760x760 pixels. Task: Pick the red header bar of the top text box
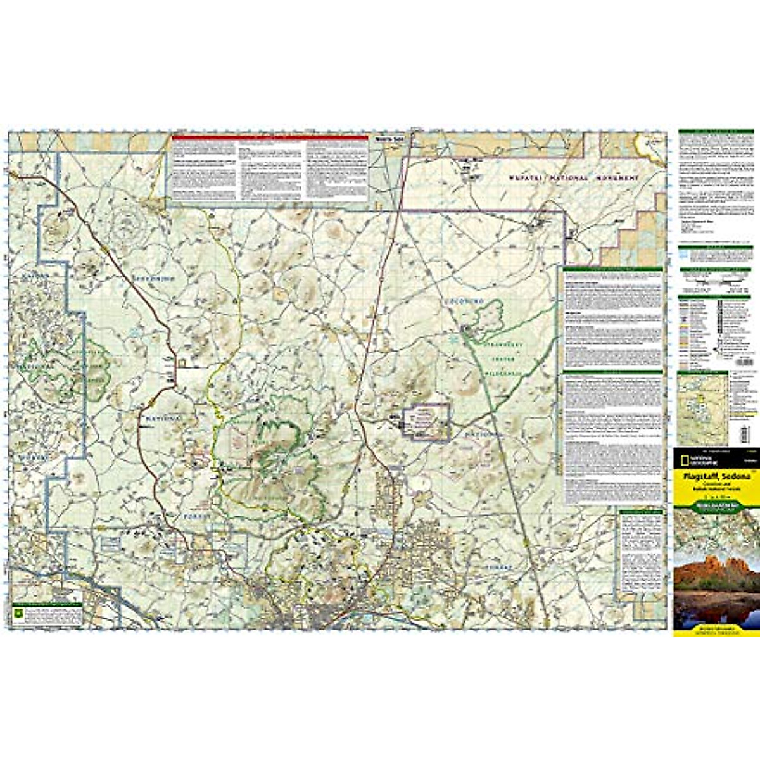[x=270, y=137]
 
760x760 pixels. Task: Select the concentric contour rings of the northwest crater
[x=129, y=223]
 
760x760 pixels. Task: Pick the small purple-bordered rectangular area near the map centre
[x=426, y=421]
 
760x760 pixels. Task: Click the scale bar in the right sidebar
[x=716, y=279]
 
